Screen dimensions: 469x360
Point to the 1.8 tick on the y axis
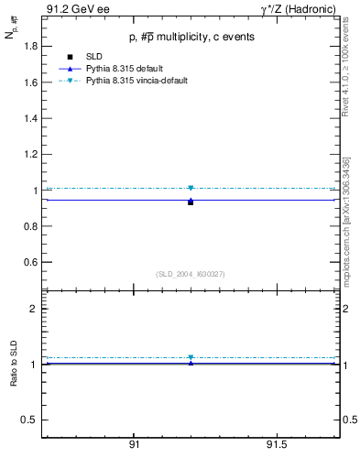30,47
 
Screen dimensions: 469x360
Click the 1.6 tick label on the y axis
30,82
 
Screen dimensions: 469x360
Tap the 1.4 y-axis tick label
30,119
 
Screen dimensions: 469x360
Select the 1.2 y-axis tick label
30,155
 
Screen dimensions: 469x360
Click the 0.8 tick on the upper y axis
30,226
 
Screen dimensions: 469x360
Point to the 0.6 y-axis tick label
30,263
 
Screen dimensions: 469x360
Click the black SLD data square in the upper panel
191,202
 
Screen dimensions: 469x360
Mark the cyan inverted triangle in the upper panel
191,188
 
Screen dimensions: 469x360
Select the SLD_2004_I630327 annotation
191,274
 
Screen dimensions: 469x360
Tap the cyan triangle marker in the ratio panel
191,357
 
